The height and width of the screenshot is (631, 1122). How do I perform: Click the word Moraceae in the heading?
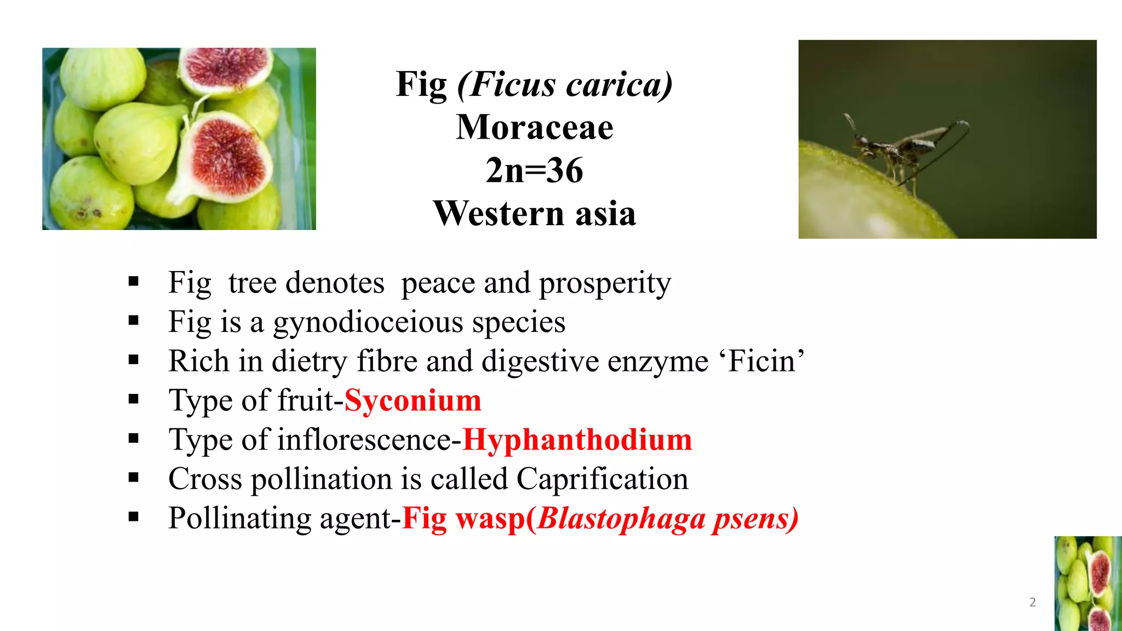pos(534,128)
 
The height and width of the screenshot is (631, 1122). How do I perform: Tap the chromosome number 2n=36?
pos(534,170)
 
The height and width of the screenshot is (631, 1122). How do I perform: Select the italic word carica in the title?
pos(619,85)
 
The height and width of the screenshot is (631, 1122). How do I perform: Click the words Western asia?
pos(534,213)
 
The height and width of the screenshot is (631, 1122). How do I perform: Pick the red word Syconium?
pos(413,400)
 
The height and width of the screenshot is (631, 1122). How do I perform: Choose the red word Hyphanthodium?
pos(577,440)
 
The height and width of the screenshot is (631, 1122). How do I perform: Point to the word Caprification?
pos(602,479)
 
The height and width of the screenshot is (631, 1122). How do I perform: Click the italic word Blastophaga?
pos(621,519)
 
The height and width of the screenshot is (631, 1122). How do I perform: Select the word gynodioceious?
pos(368,322)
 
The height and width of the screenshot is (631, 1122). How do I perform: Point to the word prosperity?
pos(605,284)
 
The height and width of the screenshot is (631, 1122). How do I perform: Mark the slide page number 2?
pos(1033,603)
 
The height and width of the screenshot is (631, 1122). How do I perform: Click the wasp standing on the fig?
pos(898,151)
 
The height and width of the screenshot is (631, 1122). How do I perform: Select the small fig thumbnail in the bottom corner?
pos(1088,583)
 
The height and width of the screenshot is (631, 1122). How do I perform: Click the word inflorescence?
pos(365,440)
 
